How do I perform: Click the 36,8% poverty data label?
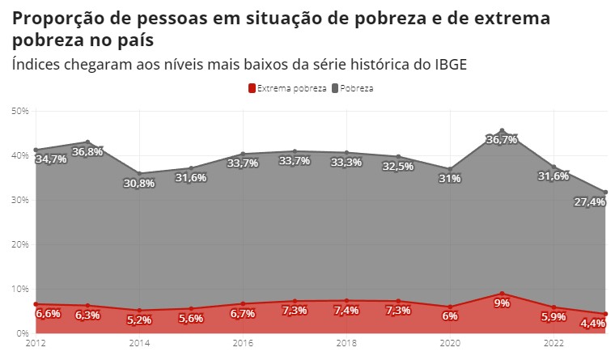(x=87, y=151)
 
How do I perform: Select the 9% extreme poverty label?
(x=502, y=303)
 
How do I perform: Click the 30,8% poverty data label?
(x=139, y=183)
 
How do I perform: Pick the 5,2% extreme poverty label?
(x=139, y=320)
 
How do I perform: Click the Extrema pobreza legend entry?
(x=286, y=87)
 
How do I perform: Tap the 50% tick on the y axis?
(x=19, y=110)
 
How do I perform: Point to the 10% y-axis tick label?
(x=19, y=289)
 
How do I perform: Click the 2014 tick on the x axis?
(x=139, y=344)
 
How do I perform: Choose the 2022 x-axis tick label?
(x=553, y=344)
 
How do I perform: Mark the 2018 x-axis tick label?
(x=346, y=344)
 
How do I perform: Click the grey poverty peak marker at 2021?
(x=502, y=130)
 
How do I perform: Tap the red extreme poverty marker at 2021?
(x=502, y=294)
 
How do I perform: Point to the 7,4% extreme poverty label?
(x=346, y=311)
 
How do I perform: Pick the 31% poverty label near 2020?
(x=450, y=178)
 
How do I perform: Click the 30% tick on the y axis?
(x=19, y=200)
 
